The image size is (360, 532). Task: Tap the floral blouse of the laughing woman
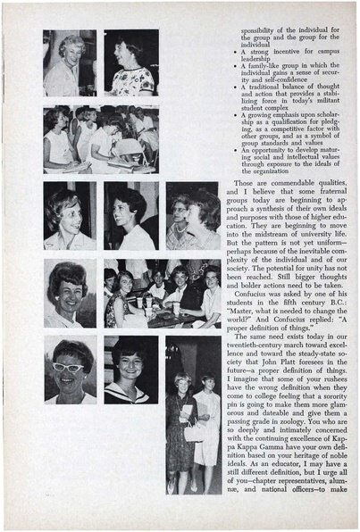(134, 82)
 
